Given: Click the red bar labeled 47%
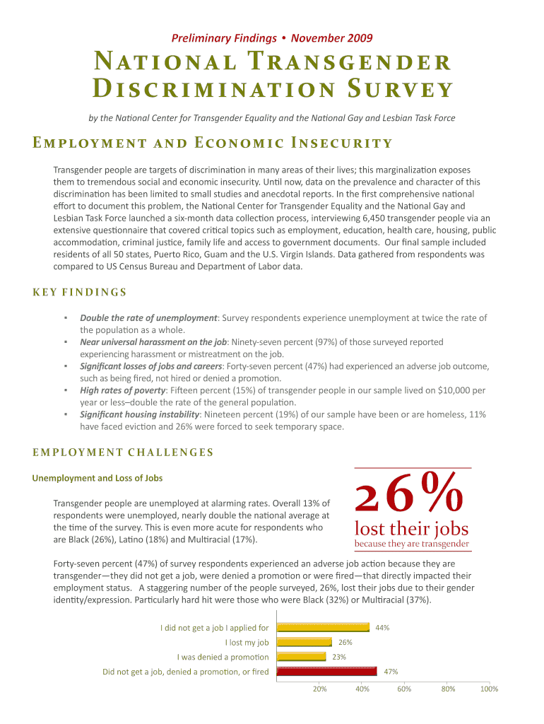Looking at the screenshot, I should (326, 671).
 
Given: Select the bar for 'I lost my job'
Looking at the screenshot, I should (304, 642).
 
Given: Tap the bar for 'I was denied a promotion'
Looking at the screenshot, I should (301, 657).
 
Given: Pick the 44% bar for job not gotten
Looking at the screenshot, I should (323, 627).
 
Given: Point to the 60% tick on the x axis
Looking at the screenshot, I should (404, 689).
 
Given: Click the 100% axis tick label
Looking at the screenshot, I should (488, 689).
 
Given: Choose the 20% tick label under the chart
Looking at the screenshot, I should (319, 689).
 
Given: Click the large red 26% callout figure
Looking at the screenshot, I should (410, 496).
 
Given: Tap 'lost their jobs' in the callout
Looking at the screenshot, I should (411, 529).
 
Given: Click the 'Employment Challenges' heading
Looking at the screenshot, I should (123, 452).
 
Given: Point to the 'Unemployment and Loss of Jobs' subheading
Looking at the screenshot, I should (97, 478).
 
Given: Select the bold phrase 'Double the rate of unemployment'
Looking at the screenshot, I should (148, 318).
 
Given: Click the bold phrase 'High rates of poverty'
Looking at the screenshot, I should (123, 390).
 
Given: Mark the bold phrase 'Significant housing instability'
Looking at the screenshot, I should (140, 414).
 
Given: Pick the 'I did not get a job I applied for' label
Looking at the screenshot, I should (214, 627).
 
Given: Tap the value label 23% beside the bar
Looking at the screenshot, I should (339, 657).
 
